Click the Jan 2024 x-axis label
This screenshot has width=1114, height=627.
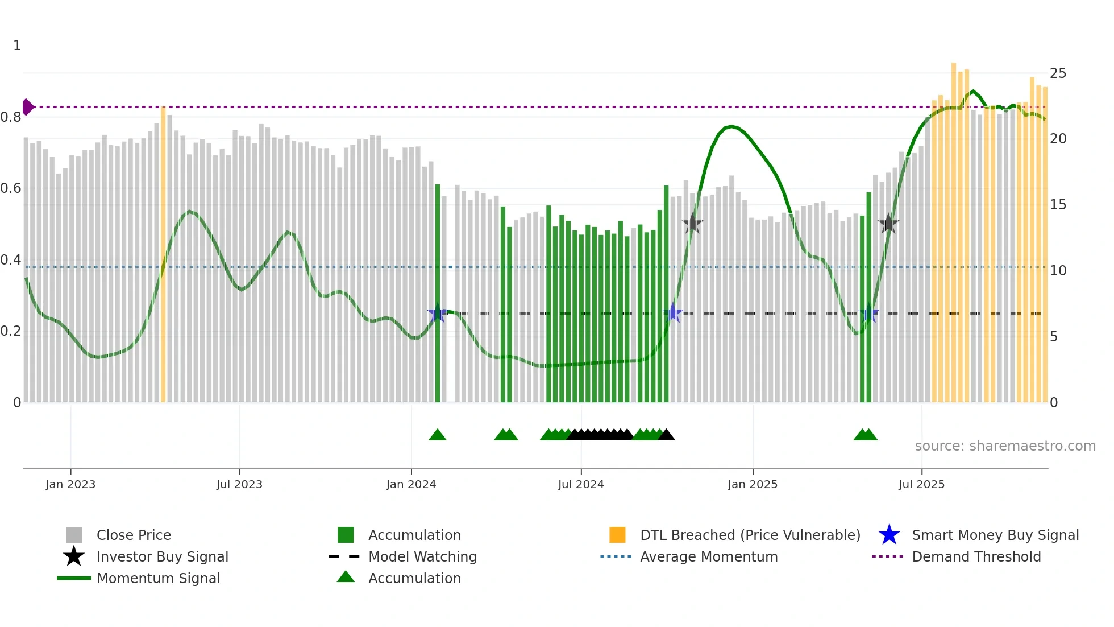coord(411,484)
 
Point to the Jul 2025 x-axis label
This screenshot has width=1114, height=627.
coord(921,484)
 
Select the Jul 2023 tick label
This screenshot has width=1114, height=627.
coord(239,484)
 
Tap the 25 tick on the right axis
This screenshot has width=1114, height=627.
coord(1058,73)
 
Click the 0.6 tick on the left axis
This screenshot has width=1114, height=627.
coord(11,188)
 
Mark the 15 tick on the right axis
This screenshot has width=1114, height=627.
coord(1058,205)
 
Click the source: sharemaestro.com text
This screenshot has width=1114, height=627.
coord(1005,446)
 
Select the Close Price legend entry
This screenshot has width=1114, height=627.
coord(133,535)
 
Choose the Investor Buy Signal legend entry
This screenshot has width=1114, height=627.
coord(162,557)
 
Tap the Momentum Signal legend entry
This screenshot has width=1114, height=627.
coord(158,579)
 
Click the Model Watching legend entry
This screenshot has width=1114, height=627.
coord(422,557)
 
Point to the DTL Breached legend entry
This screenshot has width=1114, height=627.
coord(750,535)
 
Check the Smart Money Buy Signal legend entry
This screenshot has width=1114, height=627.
coord(995,535)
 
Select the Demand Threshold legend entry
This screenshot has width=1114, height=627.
coord(976,557)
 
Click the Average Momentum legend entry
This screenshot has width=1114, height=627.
coord(708,557)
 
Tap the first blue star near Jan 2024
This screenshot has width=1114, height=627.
coord(437,313)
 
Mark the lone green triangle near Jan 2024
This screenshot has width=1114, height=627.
coord(438,435)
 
